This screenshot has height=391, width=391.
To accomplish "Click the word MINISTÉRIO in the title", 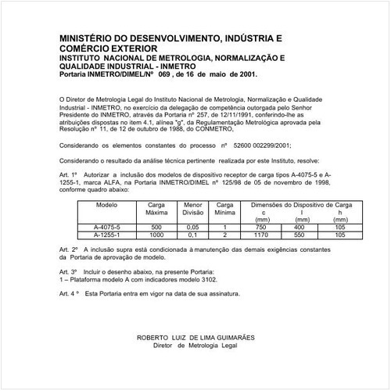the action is [87, 38].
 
